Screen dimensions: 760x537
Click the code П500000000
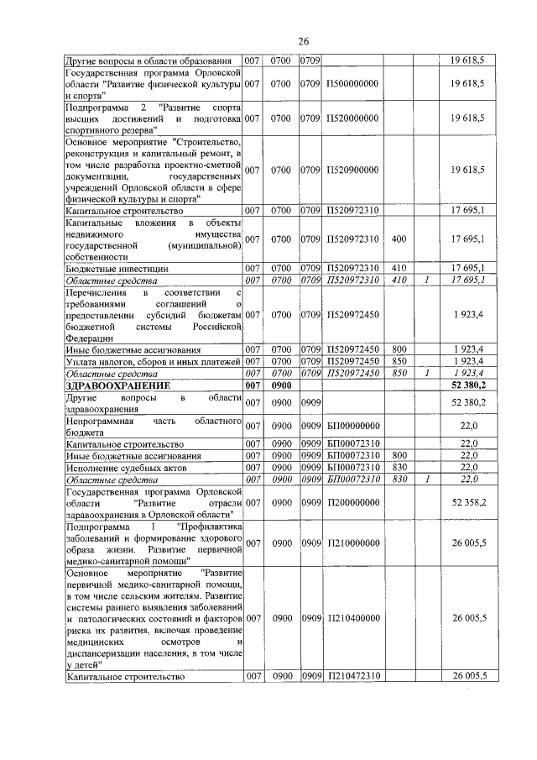tap(352, 85)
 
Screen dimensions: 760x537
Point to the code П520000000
tap(352, 120)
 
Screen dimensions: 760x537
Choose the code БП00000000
tap(352, 426)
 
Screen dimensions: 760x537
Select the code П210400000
tap(352, 618)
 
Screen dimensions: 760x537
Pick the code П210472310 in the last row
tap(352, 675)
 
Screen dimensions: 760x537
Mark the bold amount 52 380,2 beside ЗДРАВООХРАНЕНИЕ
tap(468, 385)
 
